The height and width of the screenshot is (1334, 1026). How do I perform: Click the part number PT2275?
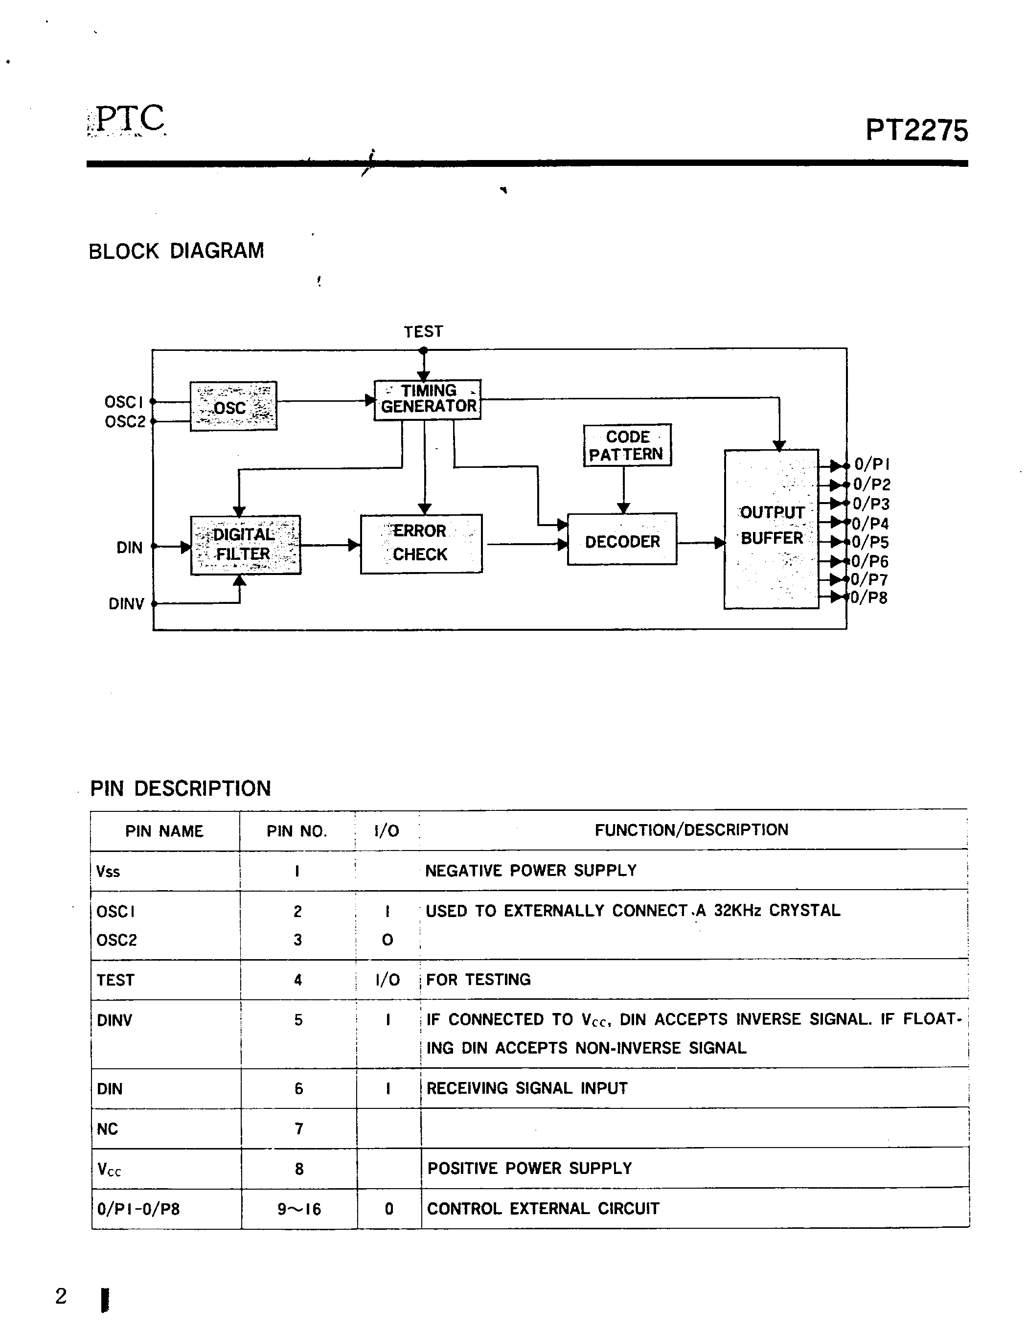pyautogui.click(x=916, y=131)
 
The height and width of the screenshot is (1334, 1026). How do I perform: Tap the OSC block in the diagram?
pyautogui.click(x=233, y=406)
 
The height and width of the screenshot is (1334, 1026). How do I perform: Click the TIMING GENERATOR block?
pyautogui.click(x=428, y=399)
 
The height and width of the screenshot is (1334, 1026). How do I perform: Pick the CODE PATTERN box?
pyautogui.click(x=627, y=445)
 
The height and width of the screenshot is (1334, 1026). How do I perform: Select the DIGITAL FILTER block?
pyautogui.click(x=246, y=545)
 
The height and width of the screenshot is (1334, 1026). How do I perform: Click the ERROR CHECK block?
pyautogui.click(x=421, y=544)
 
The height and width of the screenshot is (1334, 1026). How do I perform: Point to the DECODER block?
pyautogui.click(x=622, y=540)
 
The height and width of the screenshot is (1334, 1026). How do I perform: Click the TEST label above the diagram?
pyautogui.click(x=423, y=332)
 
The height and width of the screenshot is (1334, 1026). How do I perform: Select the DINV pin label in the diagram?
pyautogui.click(x=126, y=604)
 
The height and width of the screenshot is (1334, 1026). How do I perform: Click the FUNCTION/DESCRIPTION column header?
pyautogui.click(x=691, y=830)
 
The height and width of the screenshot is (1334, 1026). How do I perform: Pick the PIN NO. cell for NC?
pyautogui.click(x=298, y=1129)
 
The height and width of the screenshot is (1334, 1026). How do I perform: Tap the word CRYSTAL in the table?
pyautogui.click(x=804, y=911)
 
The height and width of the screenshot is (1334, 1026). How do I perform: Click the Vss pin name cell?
pyautogui.click(x=108, y=872)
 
